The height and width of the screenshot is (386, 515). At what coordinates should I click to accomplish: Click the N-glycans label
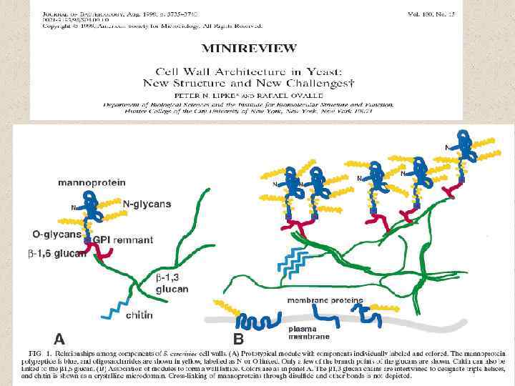point(147,204)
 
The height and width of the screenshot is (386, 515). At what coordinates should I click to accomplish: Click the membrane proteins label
point(325,300)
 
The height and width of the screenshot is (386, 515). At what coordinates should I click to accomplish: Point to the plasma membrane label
point(309,332)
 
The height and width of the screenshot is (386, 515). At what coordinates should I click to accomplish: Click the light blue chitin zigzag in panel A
point(112,310)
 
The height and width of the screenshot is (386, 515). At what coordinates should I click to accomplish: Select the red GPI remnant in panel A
point(102,252)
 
